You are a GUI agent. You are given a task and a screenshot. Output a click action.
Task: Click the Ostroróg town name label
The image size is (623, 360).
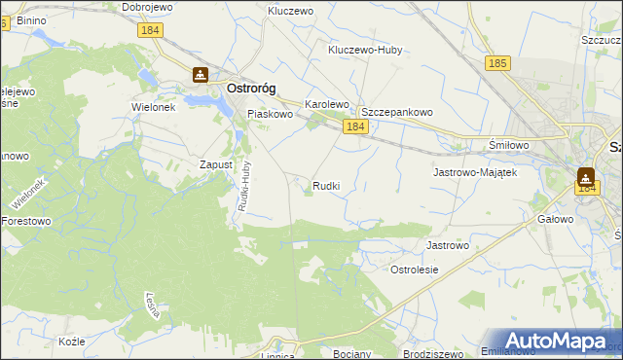tap(250, 88)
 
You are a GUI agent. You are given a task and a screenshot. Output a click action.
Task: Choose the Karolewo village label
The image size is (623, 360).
tap(326, 103)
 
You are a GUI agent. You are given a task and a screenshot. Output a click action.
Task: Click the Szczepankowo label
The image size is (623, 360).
tap(396, 112)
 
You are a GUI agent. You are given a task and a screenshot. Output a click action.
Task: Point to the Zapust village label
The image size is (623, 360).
tap(216, 164)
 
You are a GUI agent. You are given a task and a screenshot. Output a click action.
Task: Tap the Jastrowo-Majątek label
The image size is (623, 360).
tap(473, 172)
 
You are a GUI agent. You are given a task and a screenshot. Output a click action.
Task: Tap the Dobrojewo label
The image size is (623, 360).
tap(148, 7)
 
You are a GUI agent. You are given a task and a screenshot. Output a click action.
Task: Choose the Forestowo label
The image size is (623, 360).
tap(25, 221)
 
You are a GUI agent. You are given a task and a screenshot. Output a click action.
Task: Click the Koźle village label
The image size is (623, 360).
tap(72, 342)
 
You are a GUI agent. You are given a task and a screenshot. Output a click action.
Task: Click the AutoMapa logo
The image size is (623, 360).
tap(556, 342)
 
